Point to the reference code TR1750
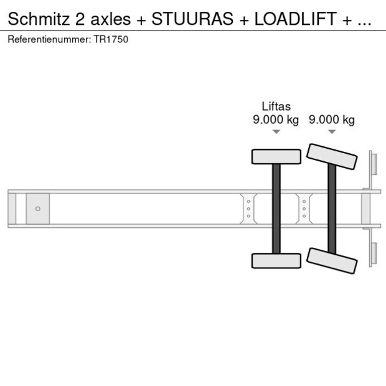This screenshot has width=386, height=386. point(111,39)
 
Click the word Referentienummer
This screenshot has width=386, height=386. point(47,39)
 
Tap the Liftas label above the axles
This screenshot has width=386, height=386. point(276,106)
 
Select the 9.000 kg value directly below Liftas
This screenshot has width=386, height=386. point(276,120)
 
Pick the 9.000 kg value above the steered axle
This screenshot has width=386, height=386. point(332,120)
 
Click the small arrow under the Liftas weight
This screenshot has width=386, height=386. point(276,132)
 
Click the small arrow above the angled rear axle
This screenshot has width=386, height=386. point(332,132)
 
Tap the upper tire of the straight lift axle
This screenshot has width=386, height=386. point(276,156)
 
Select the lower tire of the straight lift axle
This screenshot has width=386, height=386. point(276,261)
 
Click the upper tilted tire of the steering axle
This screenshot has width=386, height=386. point(332,157)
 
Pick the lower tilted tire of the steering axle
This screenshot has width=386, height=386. point(332,260)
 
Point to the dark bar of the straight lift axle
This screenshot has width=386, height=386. point(276,209)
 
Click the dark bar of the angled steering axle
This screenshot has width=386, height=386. point(332,209)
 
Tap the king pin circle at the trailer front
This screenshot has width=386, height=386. point(37,209)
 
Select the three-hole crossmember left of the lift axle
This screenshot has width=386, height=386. point(248,209)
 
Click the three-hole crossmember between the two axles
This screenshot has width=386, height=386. point(304,209)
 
